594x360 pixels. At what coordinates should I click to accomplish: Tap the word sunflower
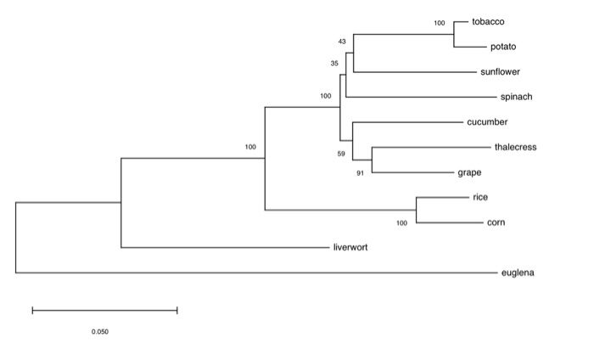[500, 72]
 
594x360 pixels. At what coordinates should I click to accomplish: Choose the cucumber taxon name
[487, 122]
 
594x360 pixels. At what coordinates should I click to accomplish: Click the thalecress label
[515, 147]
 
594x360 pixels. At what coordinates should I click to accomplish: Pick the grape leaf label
[469, 172]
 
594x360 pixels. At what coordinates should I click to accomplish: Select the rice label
[480, 197]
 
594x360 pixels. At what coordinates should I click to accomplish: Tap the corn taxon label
[496, 222]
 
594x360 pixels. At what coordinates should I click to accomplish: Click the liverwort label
[350, 248]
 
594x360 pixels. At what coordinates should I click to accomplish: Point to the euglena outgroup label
[518, 273]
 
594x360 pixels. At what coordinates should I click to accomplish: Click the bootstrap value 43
[342, 41]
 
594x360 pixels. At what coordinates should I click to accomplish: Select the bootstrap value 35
[333, 63]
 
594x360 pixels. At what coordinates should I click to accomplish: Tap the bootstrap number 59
[341, 154]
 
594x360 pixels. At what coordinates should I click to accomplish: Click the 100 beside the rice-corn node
[401, 223]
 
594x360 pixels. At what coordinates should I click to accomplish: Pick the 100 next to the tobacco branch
[439, 23]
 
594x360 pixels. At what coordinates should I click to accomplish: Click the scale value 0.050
[100, 331]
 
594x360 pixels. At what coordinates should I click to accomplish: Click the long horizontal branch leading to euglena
[255, 273]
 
